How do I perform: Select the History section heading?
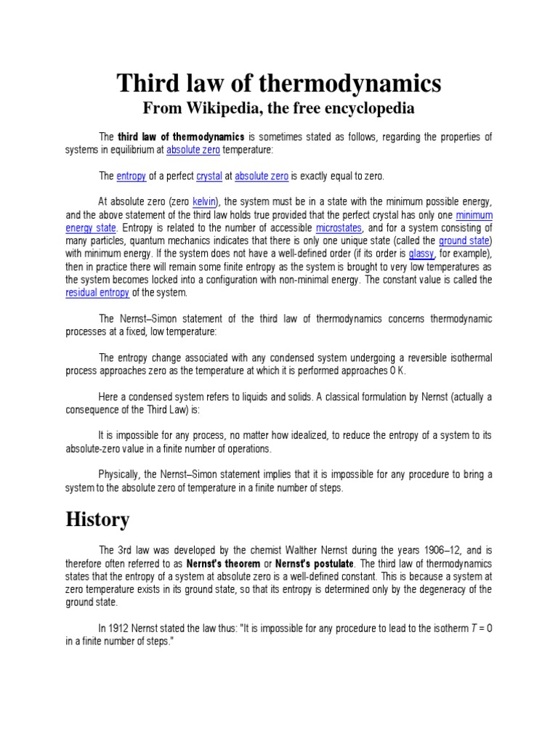point(97,519)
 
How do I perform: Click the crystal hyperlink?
point(208,176)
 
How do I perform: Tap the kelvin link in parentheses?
point(205,201)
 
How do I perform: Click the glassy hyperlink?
point(421,254)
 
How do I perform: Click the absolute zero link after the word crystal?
point(262,176)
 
